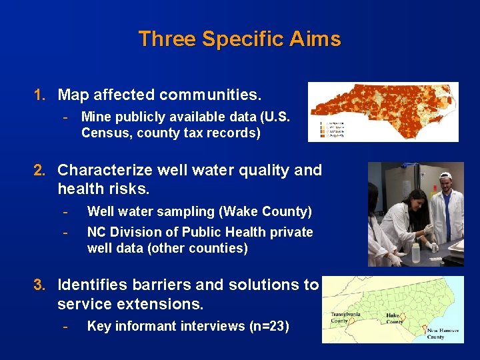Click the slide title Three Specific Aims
coord(239,39)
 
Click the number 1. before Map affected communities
coord(40,95)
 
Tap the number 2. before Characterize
coord(40,171)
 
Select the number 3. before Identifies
coord(40,285)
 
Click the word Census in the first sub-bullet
coord(104,133)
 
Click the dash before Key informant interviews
coord(65,326)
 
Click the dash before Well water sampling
coord(65,212)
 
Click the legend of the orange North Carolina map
coord(331,129)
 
